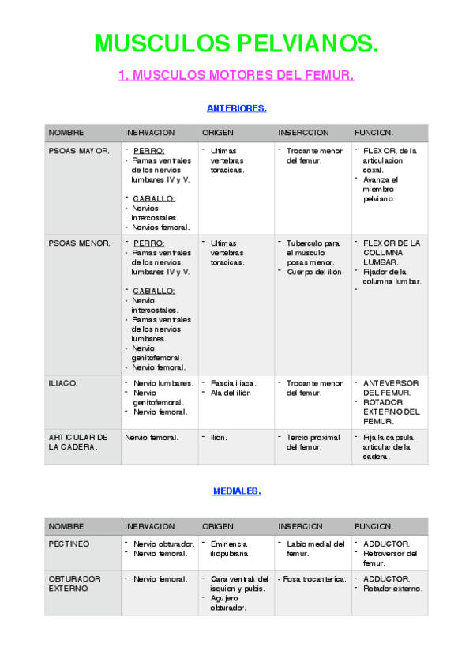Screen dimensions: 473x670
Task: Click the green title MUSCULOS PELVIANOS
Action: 236,43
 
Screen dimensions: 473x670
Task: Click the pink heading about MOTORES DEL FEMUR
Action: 236,76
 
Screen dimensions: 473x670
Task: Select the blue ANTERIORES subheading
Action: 236,108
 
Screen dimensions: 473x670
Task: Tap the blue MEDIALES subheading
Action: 236,491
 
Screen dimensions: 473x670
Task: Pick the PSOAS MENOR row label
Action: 79,243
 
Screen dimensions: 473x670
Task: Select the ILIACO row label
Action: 63,382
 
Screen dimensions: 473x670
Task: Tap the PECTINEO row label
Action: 69,544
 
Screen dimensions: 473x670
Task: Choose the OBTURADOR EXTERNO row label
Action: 70,583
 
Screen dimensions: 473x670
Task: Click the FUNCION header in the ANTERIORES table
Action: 374,132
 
